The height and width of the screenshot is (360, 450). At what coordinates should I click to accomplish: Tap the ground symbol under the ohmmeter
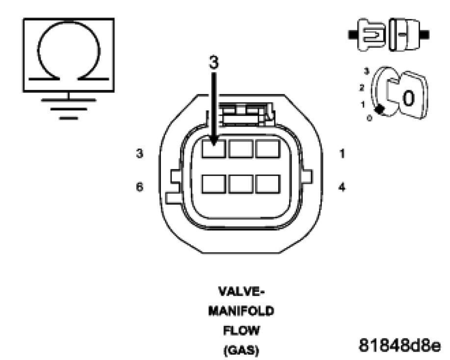(x=69, y=105)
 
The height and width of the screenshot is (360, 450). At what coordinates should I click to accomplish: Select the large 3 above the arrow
(x=214, y=62)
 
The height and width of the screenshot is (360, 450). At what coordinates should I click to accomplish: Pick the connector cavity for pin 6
(x=214, y=184)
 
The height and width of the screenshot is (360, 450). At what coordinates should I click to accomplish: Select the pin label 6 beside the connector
(x=140, y=187)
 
